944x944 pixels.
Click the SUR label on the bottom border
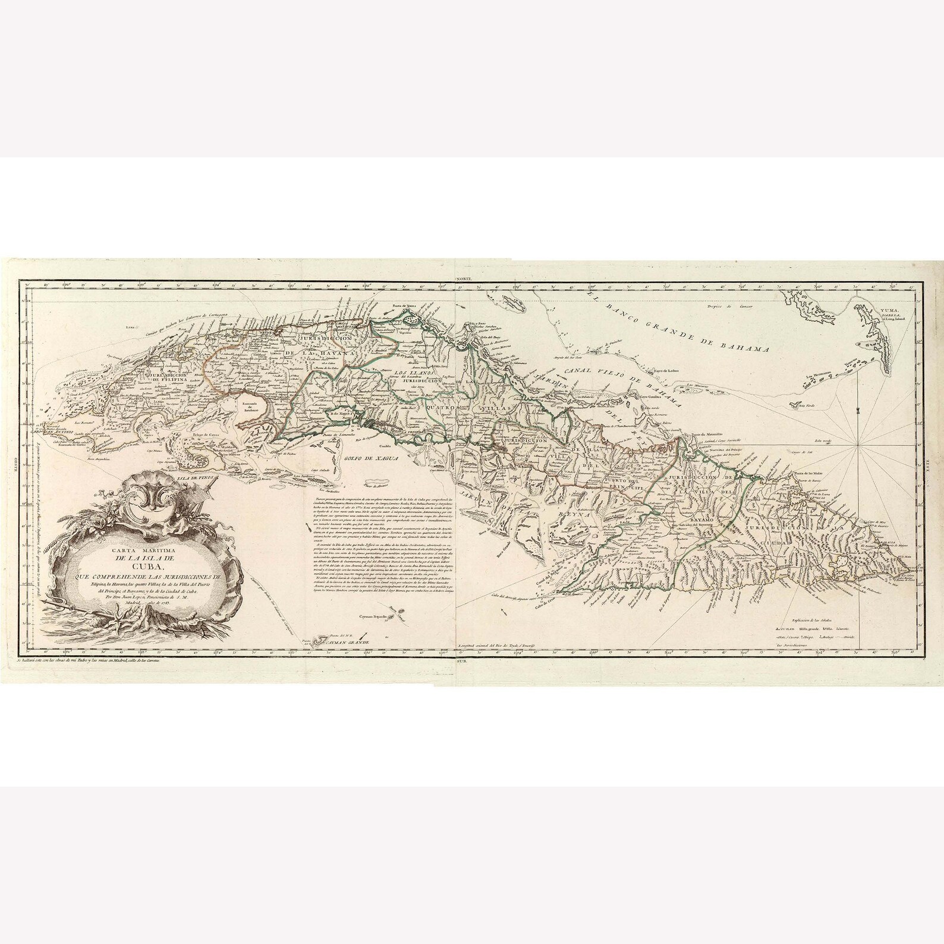[x=462, y=660]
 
